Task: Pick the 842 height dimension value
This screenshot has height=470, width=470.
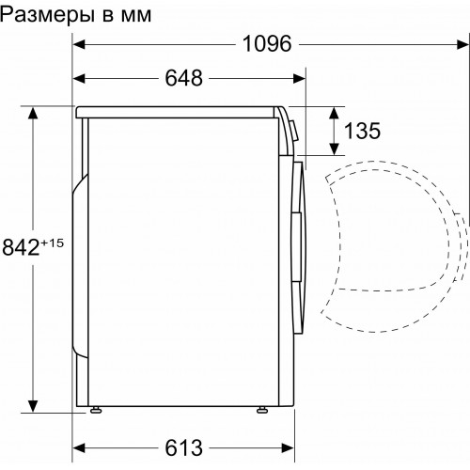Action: click(x=20, y=248)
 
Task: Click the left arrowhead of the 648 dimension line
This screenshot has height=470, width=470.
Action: click(x=80, y=78)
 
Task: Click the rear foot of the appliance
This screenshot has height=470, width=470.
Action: click(x=96, y=409)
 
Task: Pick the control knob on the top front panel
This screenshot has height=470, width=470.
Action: click(x=293, y=132)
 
